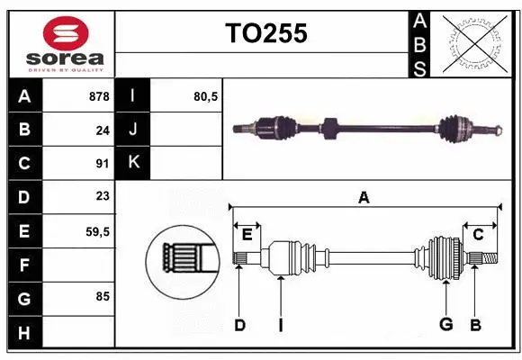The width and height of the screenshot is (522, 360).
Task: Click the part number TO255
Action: pyautogui.click(x=265, y=33)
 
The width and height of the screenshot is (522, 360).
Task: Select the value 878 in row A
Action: pyautogui.click(x=99, y=96)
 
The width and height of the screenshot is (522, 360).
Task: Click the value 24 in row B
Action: pyautogui.click(x=103, y=130)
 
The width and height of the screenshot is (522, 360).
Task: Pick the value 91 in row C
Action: pyautogui.click(x=103, y=164)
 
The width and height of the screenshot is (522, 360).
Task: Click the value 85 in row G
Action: pyautogui.click(x=103, y=295)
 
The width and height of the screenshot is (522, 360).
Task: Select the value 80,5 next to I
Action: pyautogui.click(x=206, y=96)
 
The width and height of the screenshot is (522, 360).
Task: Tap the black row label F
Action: pyautogui.click(x=24, y=265)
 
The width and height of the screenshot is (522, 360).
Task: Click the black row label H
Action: pyautogui.click(x=24, y=333)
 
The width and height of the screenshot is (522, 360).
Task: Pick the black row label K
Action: pyautogui.click(x=134, y=163)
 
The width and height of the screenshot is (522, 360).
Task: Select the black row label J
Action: pyautogui.click(x=134, y=130)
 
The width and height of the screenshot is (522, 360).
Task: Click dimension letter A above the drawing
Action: pyautogui.click(x=364, y=197)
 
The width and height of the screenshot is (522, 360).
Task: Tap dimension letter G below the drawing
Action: pyautogui.click(x=445, y=325)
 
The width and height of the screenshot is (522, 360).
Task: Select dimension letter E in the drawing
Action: pyautogui.click(x=247, y=235)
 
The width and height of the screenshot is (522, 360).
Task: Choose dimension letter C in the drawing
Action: pyautogui.click(x=479, y=235)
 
